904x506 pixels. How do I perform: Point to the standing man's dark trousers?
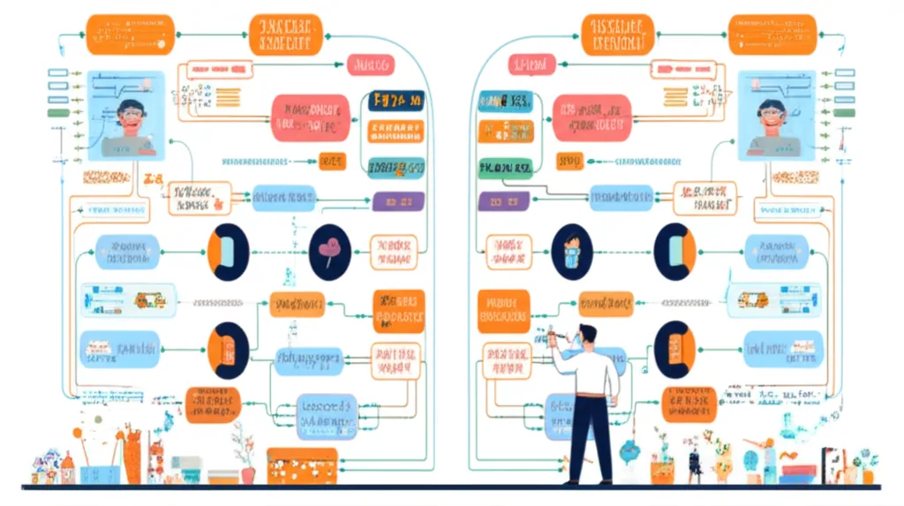pos(590,437)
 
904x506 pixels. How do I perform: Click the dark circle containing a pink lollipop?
pos(331,252)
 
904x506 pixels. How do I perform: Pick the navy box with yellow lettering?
pos(395,102)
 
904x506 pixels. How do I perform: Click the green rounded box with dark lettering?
pos(504,167)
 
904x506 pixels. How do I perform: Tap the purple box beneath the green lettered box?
pos(503,200)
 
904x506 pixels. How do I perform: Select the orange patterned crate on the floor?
pos(302,465)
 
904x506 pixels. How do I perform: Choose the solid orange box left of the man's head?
pos(503,311)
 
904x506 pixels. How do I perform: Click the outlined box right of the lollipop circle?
pos(393,251)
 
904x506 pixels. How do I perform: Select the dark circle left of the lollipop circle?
pos(228,253)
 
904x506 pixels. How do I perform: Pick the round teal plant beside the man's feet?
pos(629,453)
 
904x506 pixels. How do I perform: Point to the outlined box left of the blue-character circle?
pos(508,251)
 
